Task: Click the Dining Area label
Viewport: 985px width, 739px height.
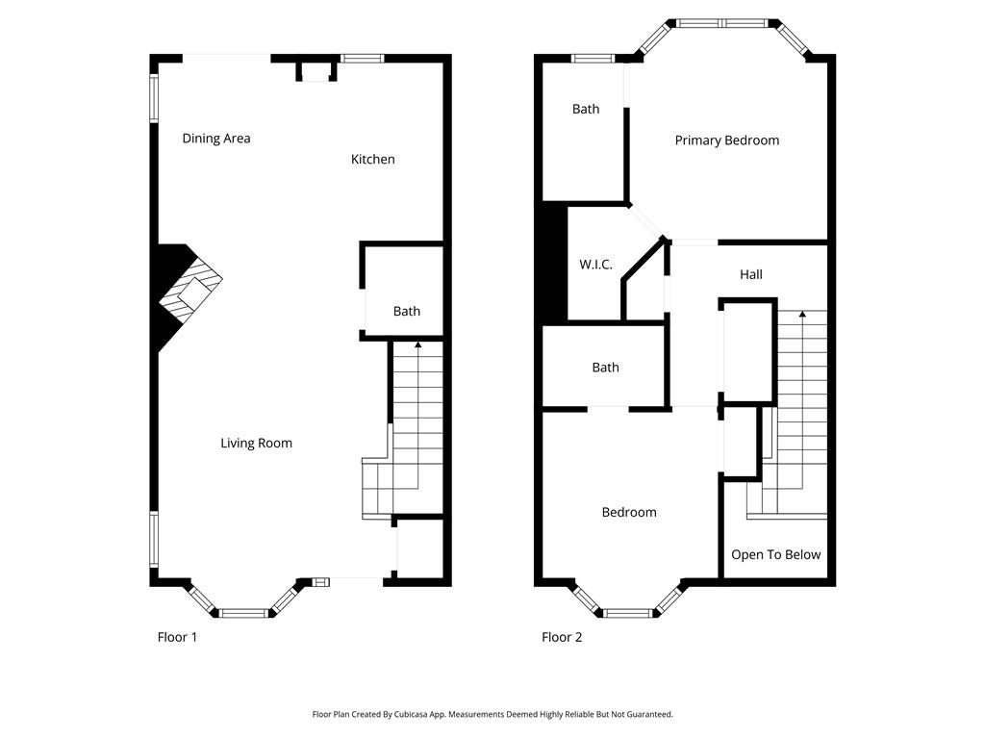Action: point(216,139)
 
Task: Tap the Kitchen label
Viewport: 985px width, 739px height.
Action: point(372,160)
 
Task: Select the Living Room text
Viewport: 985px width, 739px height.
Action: point(256,444)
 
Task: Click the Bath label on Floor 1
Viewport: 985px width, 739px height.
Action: point(407,311)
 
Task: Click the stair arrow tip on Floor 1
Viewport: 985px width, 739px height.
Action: point(417,344)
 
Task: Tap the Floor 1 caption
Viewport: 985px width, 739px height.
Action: point(177,637)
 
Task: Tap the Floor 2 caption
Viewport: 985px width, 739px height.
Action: point(562,637)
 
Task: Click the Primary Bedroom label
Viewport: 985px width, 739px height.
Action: point(726,140)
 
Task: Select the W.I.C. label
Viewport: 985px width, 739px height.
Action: point(595,265)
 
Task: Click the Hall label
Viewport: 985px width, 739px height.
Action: point(750,275)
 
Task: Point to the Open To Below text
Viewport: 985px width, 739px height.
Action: point(775,555)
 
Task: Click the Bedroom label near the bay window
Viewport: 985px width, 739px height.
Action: point(629,513)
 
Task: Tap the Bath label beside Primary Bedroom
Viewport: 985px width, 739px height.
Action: point(586,109)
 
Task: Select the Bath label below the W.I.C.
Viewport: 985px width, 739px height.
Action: point(605,368)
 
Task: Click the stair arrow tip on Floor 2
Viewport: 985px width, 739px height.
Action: point(802,314)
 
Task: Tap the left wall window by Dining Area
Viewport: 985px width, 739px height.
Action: point(153,98)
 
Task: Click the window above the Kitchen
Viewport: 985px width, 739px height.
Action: point(363,59)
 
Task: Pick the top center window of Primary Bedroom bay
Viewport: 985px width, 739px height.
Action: point(725,21)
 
